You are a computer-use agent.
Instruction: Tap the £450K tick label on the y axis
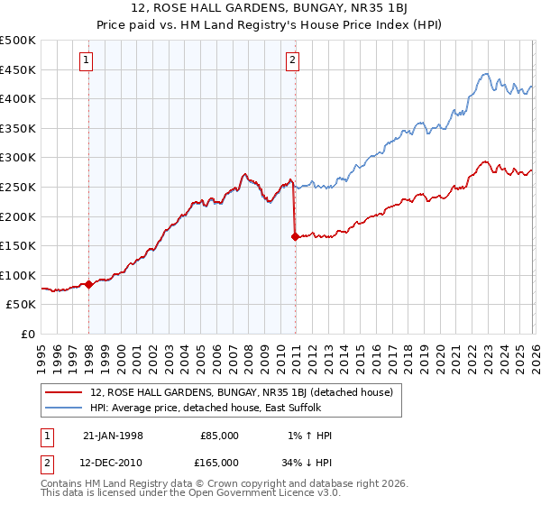(18, 69)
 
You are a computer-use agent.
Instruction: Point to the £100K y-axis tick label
(18, 275)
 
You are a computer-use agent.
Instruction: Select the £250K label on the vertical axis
(18, 187)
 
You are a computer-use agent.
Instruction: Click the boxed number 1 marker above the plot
(87, 60)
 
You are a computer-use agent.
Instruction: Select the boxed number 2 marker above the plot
(293, 60)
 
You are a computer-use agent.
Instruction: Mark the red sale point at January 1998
(89, 284)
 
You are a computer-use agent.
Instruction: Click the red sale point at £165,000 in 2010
(295, 237)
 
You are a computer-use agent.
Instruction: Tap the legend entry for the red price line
(241, 392)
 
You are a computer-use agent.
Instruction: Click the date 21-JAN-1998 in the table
(113, 436)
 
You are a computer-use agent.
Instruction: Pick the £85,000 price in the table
(219, 436)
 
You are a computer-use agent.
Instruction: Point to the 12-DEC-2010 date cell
(113, 462)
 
